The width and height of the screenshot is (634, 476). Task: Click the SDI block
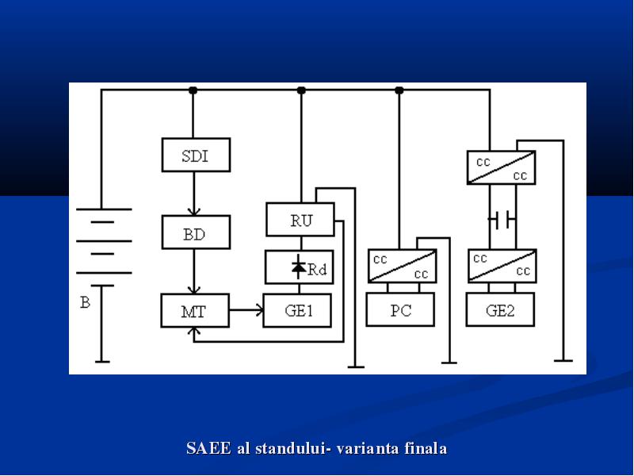click(x=196, y=155)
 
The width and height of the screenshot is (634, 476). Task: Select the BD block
click(x=196, y=232)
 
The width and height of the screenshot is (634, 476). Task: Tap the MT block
click(x=195, y=310)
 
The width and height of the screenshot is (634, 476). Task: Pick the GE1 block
click(x=297, y=310)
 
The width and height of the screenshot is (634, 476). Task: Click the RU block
click(x=300, y=220)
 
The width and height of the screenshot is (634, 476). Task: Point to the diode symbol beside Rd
click(x=299, y=267)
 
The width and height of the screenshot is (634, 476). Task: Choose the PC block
click(x=400, y=309)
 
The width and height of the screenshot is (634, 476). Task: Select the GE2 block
click(x=500, y=309)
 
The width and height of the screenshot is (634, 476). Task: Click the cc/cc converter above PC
click(x=403, y=266)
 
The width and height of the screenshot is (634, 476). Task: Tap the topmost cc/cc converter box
click(x=502, y=167)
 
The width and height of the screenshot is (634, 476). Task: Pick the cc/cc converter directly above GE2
click(x=502, y=266)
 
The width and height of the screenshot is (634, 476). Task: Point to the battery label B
click(x=85, y=302)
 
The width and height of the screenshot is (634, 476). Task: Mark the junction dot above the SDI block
click(x=193, y=90)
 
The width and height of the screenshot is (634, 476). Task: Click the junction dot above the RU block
click(x=301, y=90)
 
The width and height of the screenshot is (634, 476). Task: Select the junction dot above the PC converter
click(x=399, y=90)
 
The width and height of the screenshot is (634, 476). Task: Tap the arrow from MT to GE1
click(x=246, y=310)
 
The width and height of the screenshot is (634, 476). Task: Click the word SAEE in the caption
click(x=208, y=448)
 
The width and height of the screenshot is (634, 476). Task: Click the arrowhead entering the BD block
click(x=194, y=212)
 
